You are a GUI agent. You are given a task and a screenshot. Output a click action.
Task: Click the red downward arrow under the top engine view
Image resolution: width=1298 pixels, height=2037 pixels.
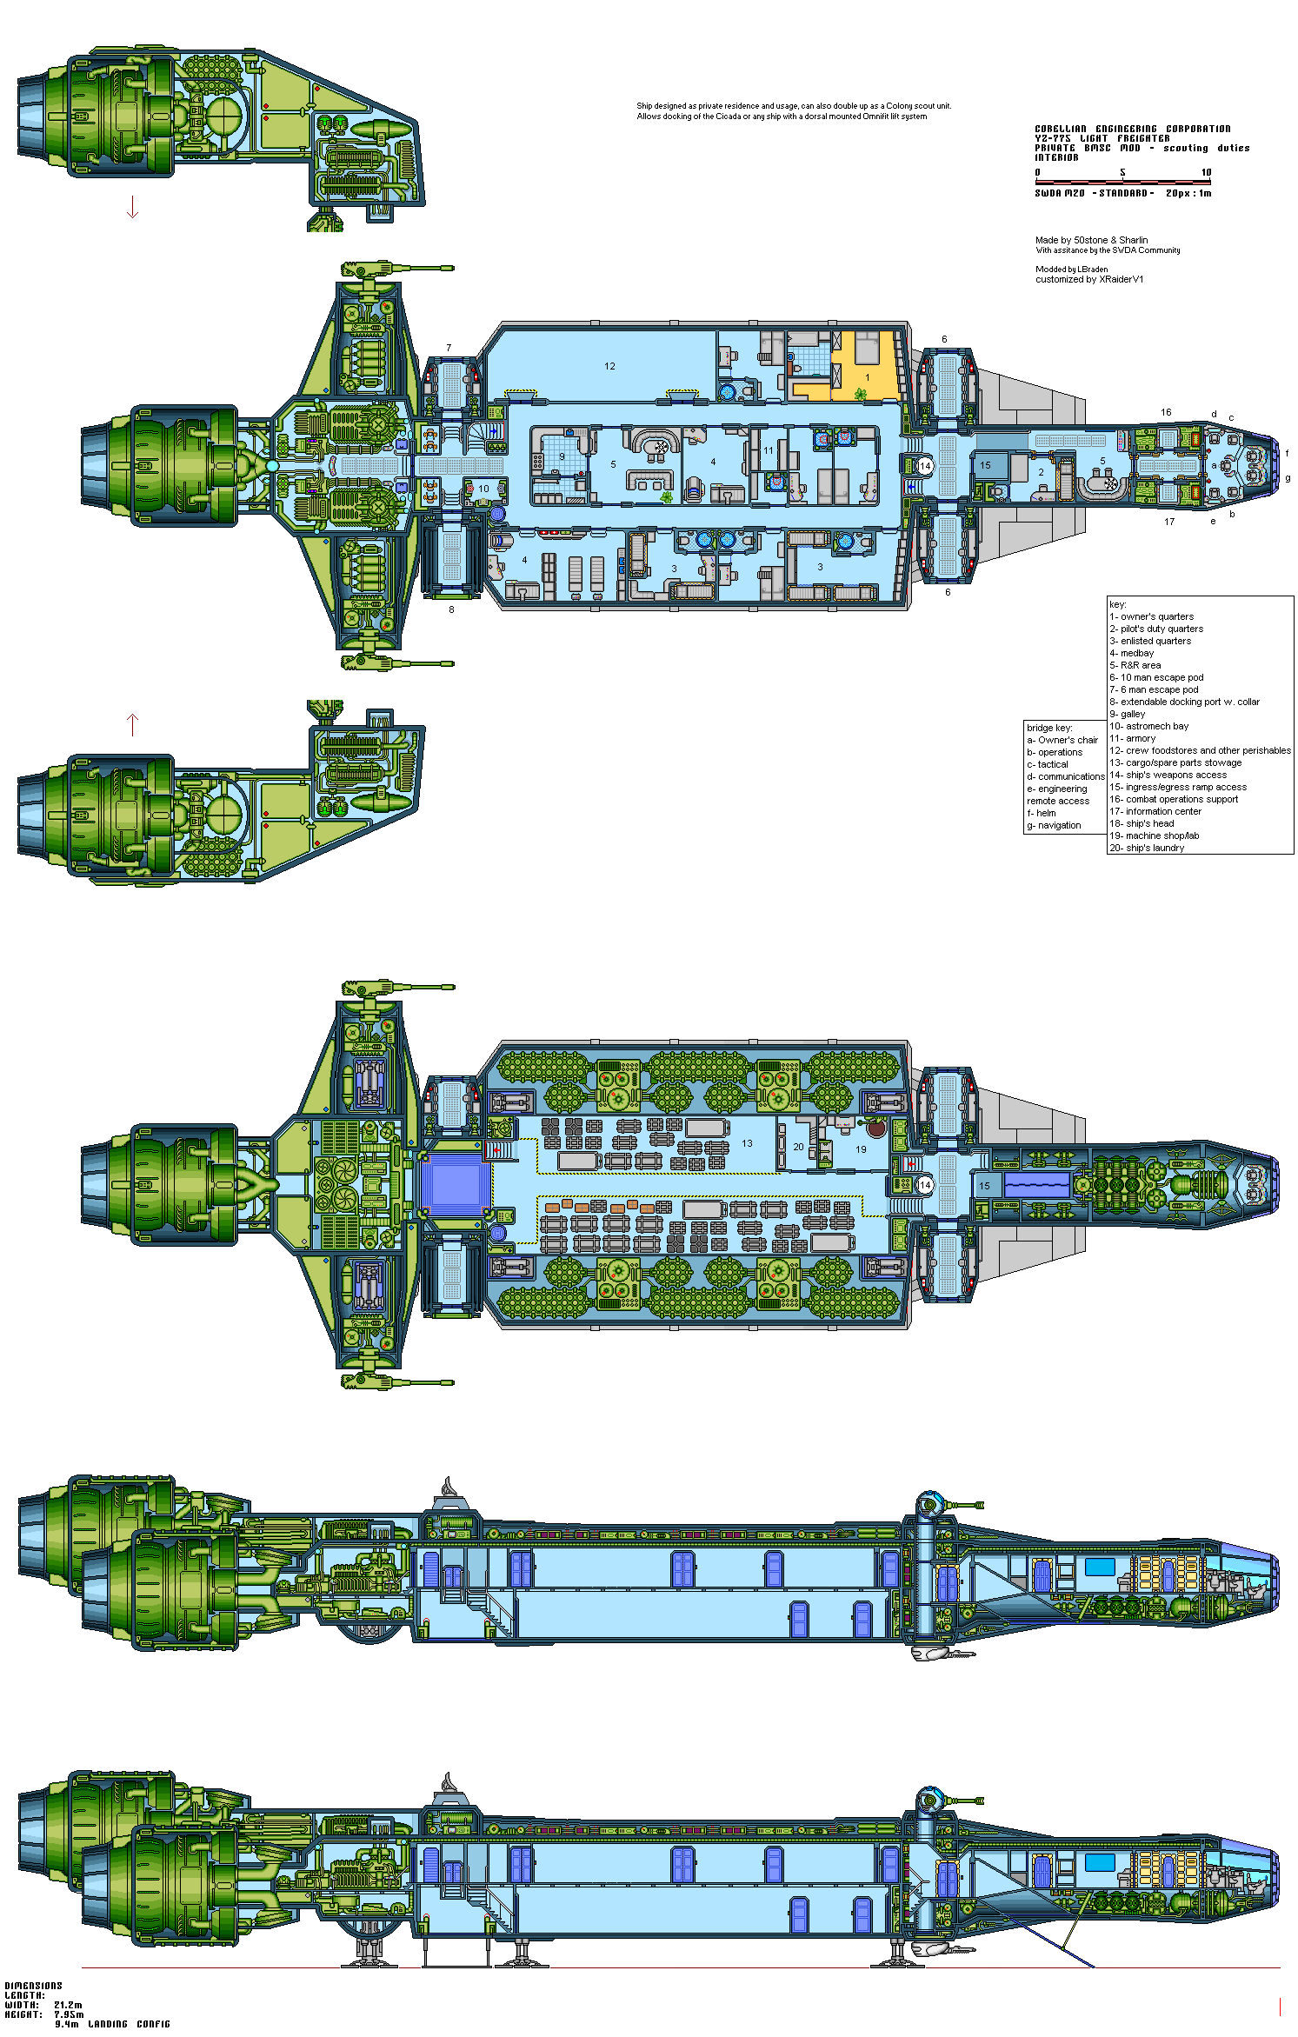132,208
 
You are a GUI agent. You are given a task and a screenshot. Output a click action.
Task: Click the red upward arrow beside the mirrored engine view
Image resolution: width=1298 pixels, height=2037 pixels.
132,724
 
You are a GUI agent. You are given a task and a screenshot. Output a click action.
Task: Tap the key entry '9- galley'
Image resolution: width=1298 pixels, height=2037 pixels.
1127,714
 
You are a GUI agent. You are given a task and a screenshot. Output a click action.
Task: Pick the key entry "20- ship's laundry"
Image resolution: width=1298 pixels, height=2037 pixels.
1146,848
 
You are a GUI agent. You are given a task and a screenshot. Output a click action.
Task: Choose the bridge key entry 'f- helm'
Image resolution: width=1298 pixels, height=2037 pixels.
1041,813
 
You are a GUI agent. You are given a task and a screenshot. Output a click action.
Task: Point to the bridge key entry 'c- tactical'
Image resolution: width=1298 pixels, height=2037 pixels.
1047,764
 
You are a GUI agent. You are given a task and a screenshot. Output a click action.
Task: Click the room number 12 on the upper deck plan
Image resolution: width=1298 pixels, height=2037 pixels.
609,366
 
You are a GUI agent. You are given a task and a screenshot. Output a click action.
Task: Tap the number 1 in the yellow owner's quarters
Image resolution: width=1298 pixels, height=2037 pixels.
867,377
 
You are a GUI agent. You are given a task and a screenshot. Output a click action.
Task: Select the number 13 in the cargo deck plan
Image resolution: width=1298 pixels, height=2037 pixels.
747,1143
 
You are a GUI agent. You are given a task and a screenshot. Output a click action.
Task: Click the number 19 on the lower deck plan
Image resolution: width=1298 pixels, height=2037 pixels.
861,1149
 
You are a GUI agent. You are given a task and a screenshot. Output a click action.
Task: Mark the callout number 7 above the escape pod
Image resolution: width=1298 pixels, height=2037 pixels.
449,348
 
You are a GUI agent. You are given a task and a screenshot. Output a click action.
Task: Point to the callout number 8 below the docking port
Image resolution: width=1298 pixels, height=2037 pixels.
451,609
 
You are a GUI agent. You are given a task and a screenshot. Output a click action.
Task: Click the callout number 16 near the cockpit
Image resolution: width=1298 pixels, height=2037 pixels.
1166,412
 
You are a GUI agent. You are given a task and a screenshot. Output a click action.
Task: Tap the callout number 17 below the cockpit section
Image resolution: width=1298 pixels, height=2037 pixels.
1169,522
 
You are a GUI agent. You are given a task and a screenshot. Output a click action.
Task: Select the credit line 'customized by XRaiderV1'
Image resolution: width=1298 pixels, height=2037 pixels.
1089,279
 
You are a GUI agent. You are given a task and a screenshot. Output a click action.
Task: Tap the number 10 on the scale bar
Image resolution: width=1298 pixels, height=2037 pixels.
1206,172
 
